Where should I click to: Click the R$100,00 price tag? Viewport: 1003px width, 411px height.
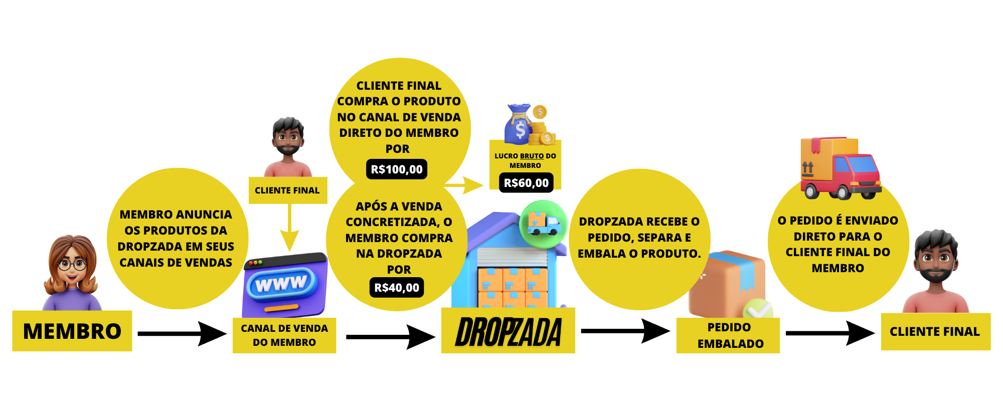click(x=397, y=169)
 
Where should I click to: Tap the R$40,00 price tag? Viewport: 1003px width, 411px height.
click(x=397, y=288)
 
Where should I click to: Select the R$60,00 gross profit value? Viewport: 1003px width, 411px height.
click(x=526, y=183)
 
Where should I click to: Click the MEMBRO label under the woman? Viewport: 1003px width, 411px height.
click(x=72, y=331)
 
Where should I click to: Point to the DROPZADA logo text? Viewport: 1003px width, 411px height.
click(x=508, y=332)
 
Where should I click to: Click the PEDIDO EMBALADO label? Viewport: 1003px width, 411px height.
click(x=729, y=335)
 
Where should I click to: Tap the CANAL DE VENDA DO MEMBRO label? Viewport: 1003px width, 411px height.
click(x=284, y=335)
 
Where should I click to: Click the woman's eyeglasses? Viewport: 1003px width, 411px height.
click(x=72, y=264)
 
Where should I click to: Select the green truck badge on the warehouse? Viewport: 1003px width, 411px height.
click(x=543, y=224)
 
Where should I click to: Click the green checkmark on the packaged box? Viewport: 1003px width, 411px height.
click(x=758, y=311)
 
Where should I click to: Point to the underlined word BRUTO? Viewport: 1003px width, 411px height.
click(x=532, y=156)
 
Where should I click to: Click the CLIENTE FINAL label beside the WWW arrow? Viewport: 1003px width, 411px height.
click(x=287, y=190)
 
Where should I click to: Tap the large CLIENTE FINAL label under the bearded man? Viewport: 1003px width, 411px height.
click(x=935, y=332)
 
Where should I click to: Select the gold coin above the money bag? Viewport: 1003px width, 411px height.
click(x=540, y=111)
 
